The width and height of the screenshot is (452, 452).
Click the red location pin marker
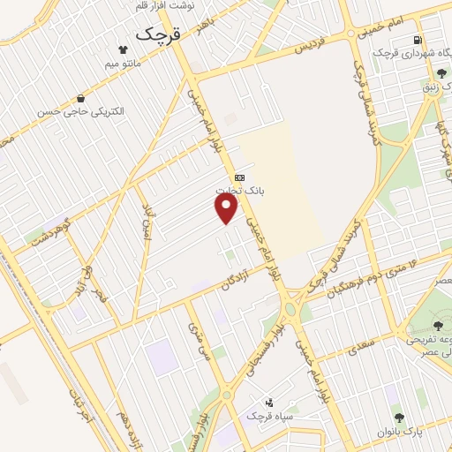coord(228,208)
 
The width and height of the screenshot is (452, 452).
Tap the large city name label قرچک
coord(158,34)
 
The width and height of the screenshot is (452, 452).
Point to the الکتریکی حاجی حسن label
coord(85,113)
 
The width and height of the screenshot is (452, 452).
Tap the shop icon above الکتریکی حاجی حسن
coord(82,99)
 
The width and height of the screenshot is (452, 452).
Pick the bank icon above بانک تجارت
coord(239,177)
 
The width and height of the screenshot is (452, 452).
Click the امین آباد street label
coord(147,221)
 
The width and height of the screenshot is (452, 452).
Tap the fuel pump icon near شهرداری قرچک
coord(417,40)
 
